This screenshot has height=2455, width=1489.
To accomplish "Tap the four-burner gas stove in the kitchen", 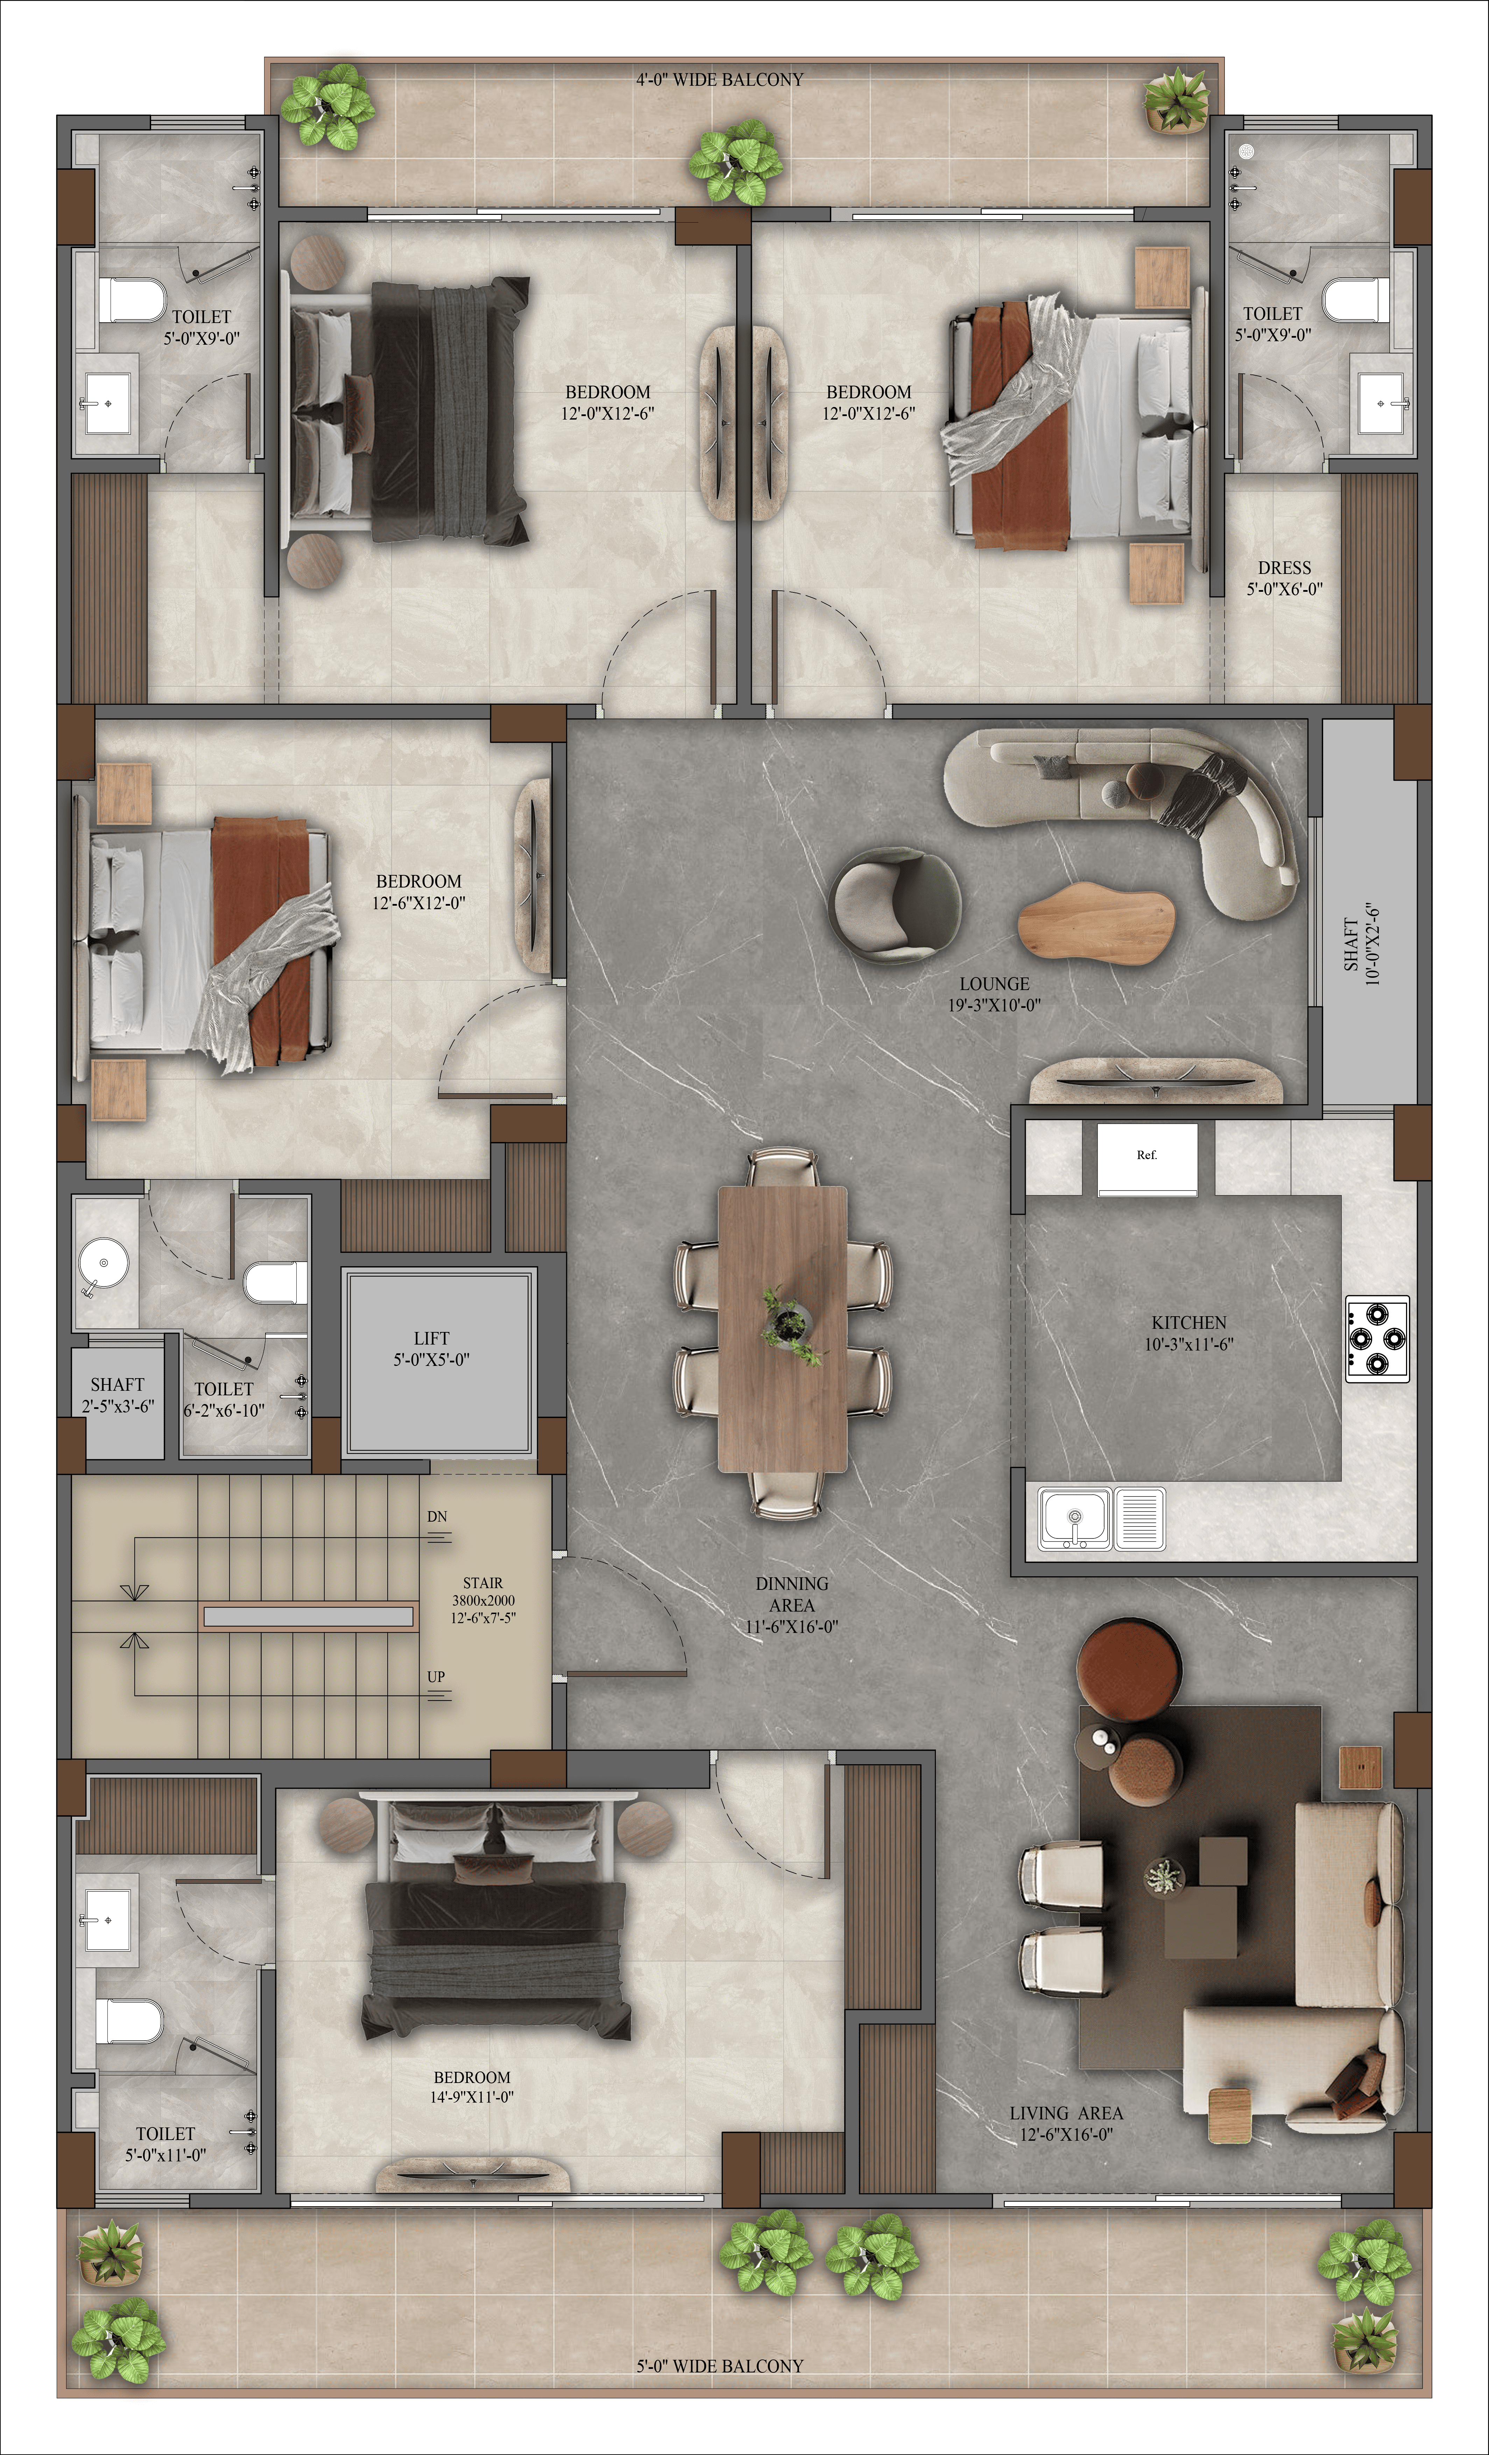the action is pos(1377,1338).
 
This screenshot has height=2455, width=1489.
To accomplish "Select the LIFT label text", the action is pos(431,1338).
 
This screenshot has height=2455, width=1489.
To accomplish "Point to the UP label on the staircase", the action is pos(436,1677).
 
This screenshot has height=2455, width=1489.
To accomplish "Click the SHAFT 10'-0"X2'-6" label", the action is pos(1362,945).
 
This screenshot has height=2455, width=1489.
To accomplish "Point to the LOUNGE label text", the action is pos(994,983).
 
